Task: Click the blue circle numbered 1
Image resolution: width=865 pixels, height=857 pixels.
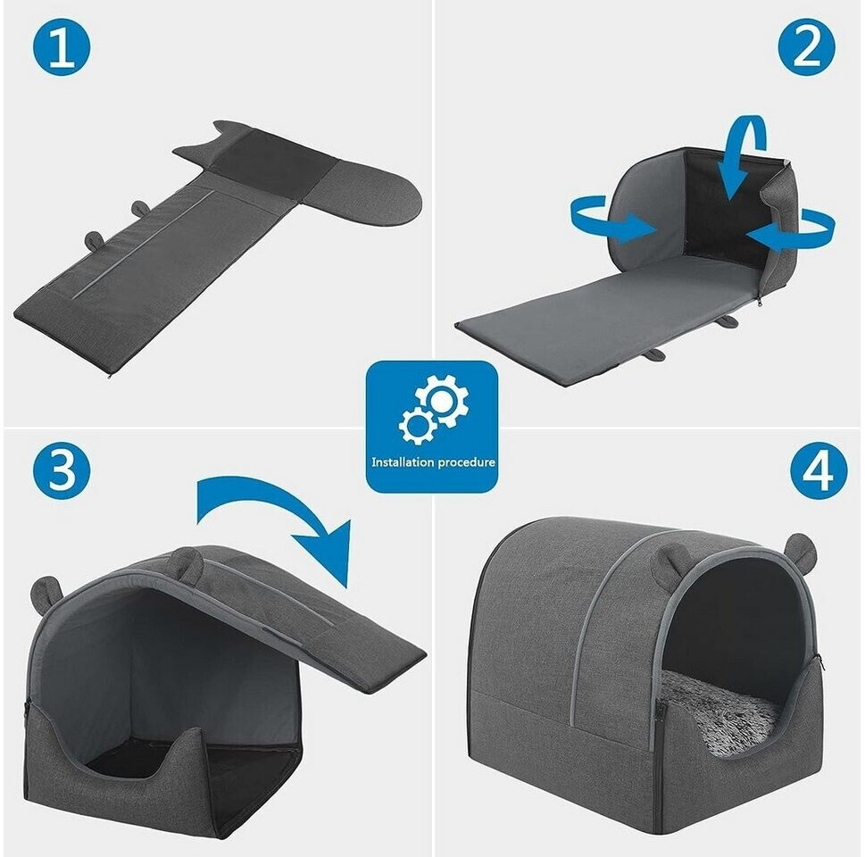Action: tap(62, 47)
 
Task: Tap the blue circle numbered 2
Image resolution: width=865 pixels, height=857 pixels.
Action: tap(806, 47)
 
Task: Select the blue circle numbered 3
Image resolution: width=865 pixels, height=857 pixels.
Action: tap(62, 470)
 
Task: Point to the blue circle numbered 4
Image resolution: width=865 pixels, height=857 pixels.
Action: tap(819, 470)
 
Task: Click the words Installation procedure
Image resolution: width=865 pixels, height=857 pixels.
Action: tap(433, 462)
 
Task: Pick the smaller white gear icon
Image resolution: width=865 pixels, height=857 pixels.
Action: tap(417, 426)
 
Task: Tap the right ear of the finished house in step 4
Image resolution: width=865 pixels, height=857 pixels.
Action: tap(801, 549)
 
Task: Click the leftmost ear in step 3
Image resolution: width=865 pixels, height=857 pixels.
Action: tap(48, 590)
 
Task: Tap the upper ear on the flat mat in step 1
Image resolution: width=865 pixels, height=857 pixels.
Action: tap(140, 208)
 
